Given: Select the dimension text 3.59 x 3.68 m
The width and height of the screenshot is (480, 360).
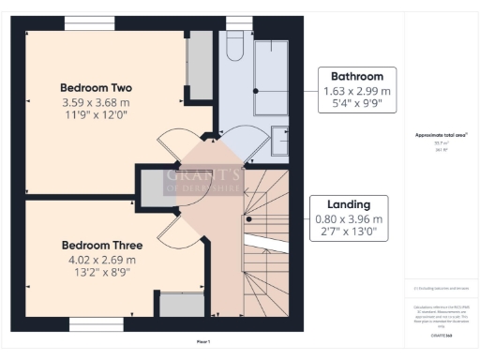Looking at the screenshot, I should [97, 102].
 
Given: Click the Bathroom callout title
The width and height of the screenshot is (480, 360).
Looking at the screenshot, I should [351, 76].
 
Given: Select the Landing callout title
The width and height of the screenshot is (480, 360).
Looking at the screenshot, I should [350, 203].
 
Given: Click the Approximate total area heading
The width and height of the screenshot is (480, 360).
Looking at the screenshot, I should [441, 135].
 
